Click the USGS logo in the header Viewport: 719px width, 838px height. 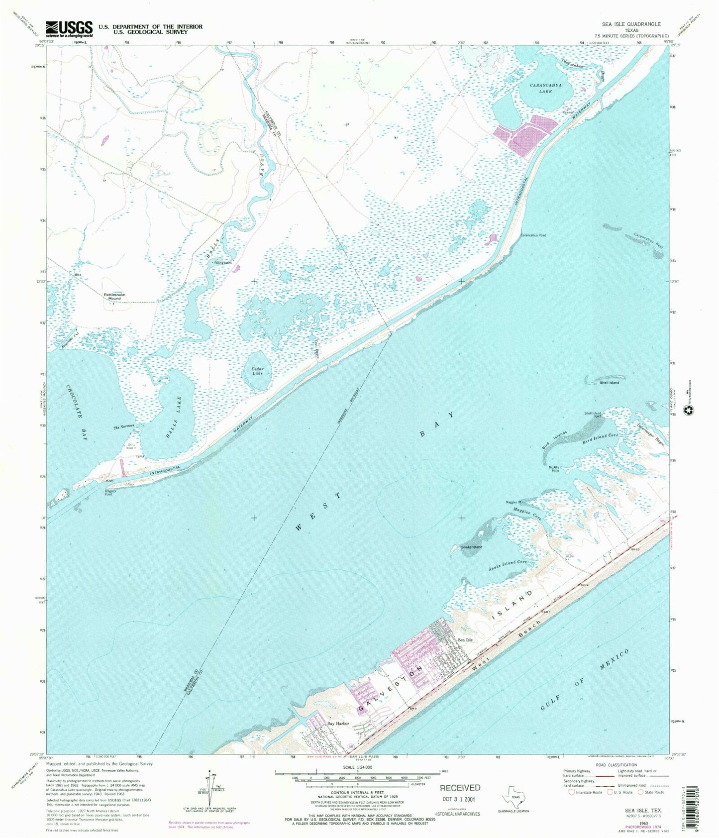pyautogui.click(x=69, y=29)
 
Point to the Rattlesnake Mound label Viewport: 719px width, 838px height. pyautogui.click(x=114, y=295)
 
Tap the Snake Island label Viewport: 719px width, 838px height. pyautogui.click(x=471, y=547)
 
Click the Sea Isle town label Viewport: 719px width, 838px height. pyautogui.click(x=465, y=639)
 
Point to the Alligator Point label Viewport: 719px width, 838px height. pyautogui.click(x=110, y=493)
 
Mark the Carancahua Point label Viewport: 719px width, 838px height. pyautogui.click(x=533, y=235)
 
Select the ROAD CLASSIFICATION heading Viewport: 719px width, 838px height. pyautogui.click(x=616, y=765)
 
